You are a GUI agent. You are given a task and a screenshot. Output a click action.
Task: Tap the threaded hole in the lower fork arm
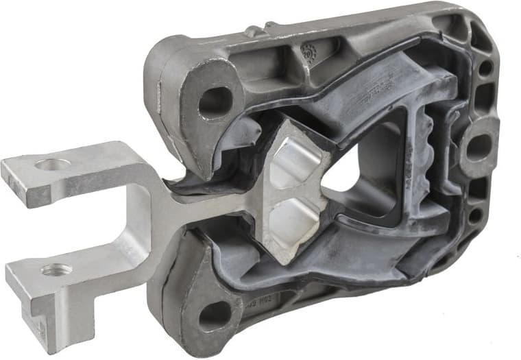click(x=56, y=269)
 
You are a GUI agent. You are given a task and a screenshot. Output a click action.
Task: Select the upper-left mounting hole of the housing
click(x=215, y=101)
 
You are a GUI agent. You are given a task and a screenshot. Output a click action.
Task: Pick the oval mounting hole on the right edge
click(x=478, y=147)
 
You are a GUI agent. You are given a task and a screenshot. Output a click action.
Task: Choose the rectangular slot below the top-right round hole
click(x=483, y=96)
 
